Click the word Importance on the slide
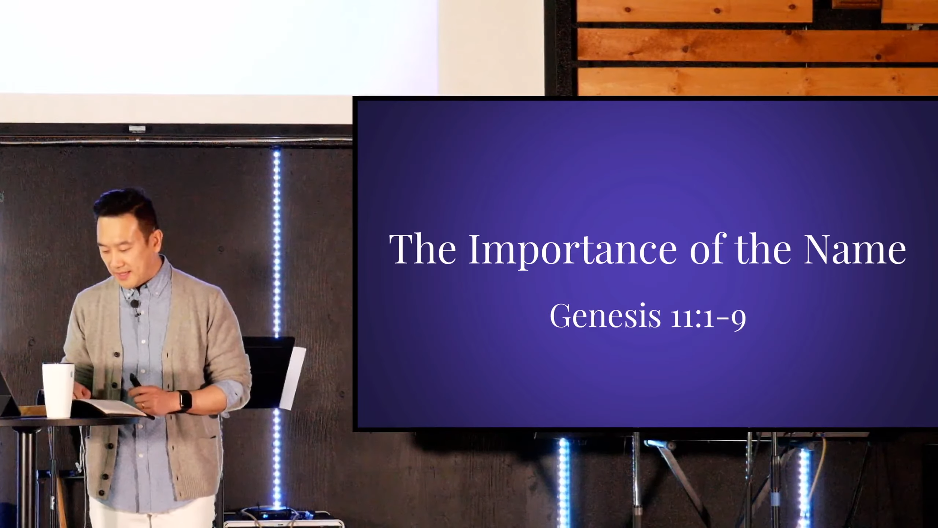(x=572, y=249)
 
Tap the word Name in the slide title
(x=855, y=249)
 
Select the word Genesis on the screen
(x=605, y=316)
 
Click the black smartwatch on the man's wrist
(x=184, y=401)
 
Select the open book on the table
(x=109, y=407)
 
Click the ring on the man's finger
(x=143, y=405)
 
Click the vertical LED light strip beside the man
(x=277, y=240)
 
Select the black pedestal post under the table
(x=28, y=477)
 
